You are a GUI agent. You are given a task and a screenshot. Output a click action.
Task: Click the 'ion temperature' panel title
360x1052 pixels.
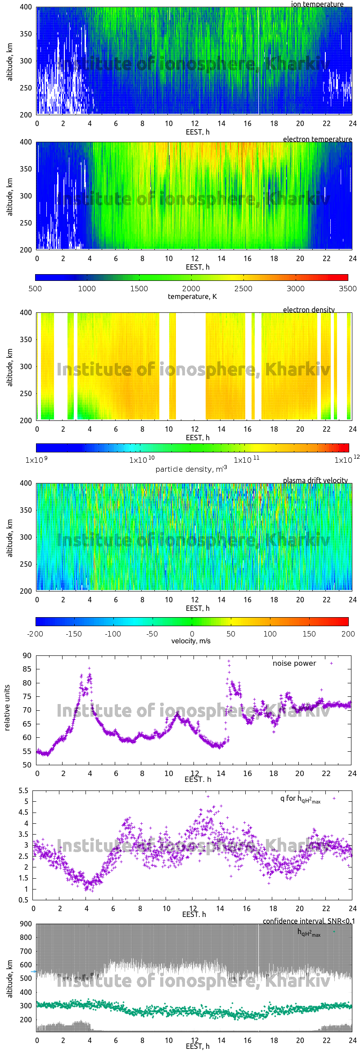317,5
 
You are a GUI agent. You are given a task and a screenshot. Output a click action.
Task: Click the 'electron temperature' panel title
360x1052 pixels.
317,139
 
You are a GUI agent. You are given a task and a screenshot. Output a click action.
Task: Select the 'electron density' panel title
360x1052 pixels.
309,310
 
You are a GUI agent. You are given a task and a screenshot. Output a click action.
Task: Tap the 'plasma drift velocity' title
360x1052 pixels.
315,480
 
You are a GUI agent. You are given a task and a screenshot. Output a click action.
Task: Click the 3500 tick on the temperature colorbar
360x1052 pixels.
347,289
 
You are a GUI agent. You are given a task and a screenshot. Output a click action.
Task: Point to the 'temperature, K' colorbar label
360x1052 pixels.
192,297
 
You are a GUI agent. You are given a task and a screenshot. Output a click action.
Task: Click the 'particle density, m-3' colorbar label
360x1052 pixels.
191,469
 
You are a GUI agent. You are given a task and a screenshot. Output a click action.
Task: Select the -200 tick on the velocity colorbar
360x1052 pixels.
35,634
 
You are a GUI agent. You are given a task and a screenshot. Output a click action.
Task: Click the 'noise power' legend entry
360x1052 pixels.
294,664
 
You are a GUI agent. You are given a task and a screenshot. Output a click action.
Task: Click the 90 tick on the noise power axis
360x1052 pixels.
27,656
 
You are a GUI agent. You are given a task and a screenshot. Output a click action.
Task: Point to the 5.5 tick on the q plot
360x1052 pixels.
23,791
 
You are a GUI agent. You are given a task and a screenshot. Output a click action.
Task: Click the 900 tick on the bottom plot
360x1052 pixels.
26,924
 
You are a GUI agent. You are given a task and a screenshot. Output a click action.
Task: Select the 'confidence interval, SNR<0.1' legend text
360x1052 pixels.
309,921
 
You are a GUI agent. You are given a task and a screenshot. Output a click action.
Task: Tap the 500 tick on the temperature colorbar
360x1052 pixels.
35,289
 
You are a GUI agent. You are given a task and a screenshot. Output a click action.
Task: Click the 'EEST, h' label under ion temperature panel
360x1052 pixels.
198,132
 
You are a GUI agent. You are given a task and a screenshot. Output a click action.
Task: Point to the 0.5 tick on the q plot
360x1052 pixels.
23,900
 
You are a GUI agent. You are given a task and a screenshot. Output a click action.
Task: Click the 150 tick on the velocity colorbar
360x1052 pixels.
309,634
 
